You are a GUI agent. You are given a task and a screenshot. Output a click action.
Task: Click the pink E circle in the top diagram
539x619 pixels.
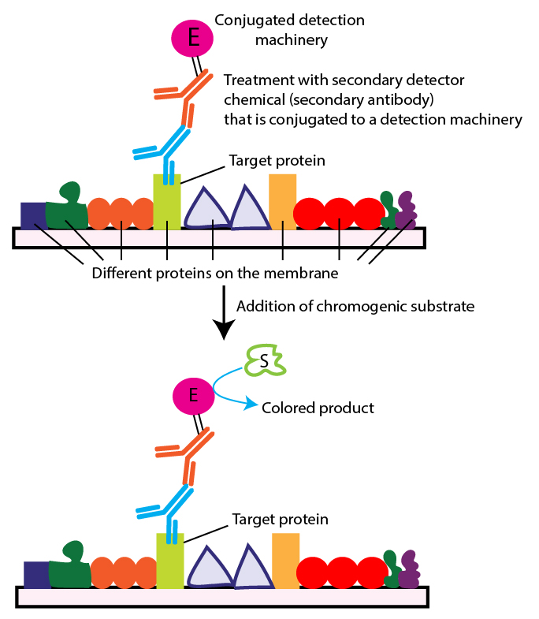point(192,37)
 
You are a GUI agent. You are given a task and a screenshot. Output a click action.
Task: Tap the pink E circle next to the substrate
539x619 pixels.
point(193,392)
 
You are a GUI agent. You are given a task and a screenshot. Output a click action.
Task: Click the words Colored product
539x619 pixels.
point(318,408)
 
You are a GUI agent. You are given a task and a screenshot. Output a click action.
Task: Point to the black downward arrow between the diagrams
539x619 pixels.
point(225,312)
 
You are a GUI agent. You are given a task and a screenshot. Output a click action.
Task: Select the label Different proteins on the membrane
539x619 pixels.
point(215,274)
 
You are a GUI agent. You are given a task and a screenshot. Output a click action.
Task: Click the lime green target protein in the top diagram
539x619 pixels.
point(167,202)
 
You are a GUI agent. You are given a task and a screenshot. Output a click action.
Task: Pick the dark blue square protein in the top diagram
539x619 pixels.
point(32,214)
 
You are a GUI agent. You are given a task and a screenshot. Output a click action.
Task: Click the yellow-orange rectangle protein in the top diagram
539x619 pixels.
point(282,202)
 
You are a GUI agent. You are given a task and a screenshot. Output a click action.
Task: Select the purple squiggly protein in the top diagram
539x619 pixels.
point(406,210)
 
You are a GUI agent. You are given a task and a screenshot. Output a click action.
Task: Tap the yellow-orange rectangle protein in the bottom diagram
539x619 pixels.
point(285,561)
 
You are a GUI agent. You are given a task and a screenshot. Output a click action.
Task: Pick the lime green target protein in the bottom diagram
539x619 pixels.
point(170,561)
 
